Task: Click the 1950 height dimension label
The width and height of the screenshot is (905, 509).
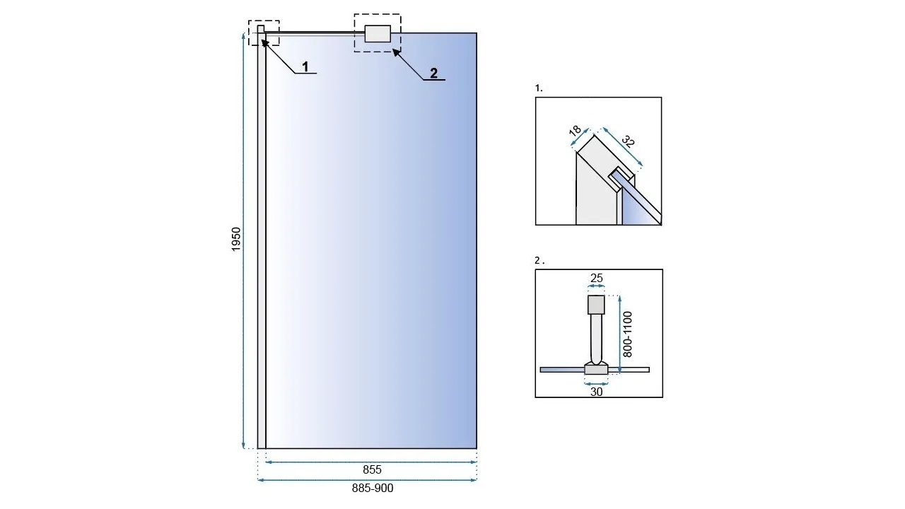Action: (x=236, y=239)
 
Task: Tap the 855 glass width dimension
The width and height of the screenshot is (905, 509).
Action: (x=372, y=470)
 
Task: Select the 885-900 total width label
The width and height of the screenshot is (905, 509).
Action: (x=373, y=488)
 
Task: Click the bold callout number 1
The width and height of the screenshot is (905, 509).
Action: (x=305, y=66)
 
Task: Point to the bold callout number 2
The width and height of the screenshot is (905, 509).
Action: (x=433, y=73)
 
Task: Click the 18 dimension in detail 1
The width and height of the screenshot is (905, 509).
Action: (x=575, y=131)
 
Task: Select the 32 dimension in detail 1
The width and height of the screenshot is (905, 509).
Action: (x=628, y=141)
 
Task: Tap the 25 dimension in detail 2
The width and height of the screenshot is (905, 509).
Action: (x=596, y=278)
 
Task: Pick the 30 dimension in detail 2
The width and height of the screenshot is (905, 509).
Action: (x=596, y=392)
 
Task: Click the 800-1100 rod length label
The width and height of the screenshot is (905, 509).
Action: (x=627, y=334)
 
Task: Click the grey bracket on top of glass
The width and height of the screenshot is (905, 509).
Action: (x=378, y=33)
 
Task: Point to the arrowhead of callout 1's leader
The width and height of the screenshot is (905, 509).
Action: (x=263, y=42)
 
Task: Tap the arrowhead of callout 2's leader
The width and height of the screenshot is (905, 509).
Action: (x=395, y=51)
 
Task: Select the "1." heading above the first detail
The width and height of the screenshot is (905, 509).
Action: (x=539, y=88)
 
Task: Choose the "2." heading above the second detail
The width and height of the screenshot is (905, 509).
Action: (x=539, y=261)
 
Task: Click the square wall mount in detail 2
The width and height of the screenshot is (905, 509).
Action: (x=596, y=305)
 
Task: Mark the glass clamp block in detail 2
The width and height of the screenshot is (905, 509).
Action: (x=596, y=369)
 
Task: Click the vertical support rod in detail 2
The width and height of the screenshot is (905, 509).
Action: (x=596, y=339)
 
